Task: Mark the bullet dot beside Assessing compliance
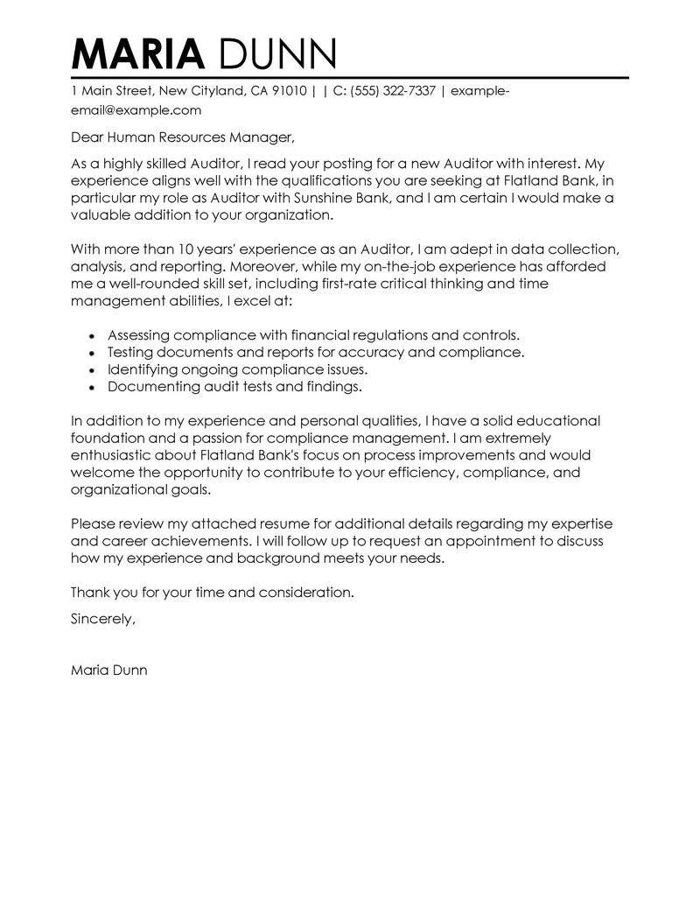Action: coord(94,335)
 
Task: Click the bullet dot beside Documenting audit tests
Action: coord(94,386)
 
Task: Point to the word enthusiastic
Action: coord(117,455)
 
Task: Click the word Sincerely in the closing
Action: coord(102,617)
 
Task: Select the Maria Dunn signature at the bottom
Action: coord(109,671)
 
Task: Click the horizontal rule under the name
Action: coord(350,78)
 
